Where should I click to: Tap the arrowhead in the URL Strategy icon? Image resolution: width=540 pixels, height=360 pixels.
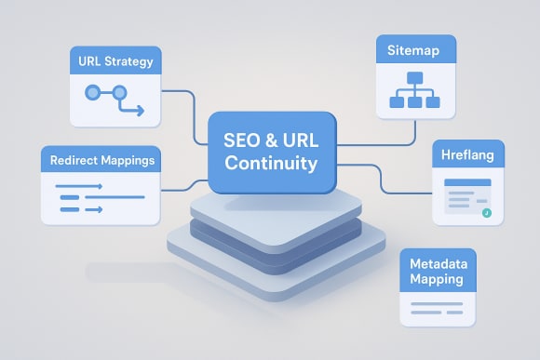pyautogui.click(x=140, y=111)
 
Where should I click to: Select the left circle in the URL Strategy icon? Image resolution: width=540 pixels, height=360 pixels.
pyautogui.click(x=91, y=92)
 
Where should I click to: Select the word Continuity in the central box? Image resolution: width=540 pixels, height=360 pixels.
pyautogui.click(x=271, y=165)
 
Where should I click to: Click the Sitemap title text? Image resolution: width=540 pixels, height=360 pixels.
pyautogui.click(x=415, y=50)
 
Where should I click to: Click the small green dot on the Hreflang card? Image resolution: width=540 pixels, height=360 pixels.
pyautogui.click(x=486, y=213)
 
